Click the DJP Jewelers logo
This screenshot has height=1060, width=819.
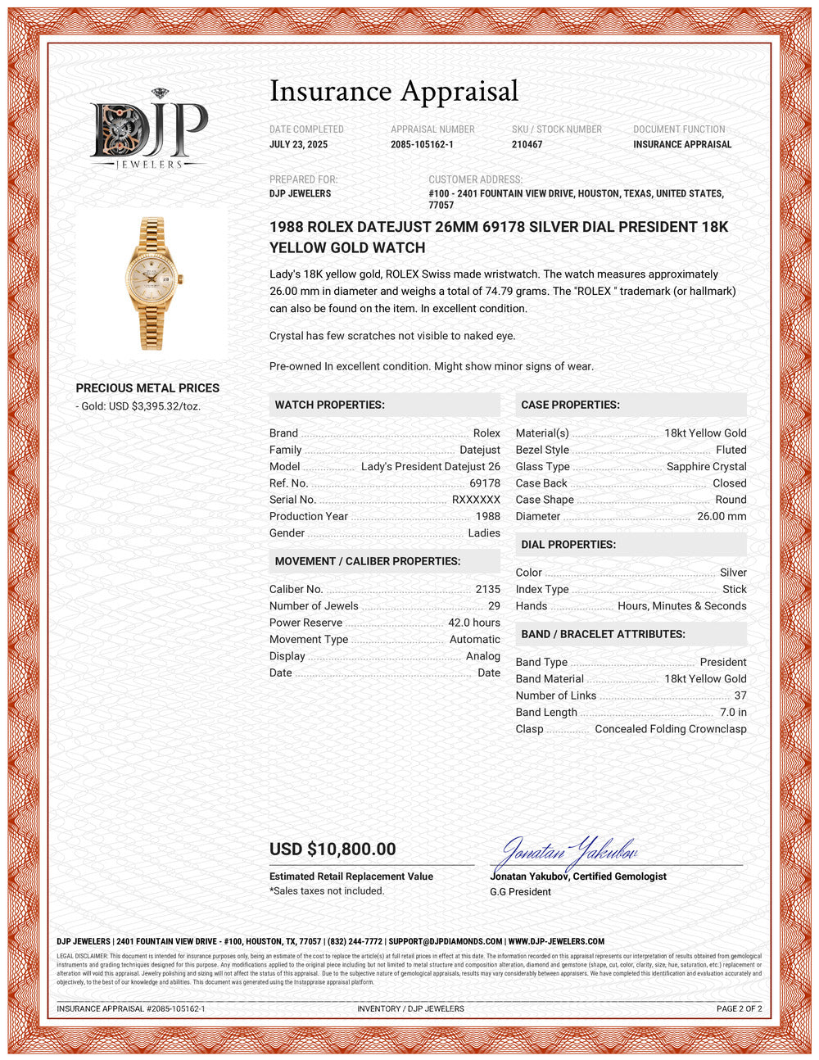148,129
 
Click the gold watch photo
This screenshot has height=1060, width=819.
152,283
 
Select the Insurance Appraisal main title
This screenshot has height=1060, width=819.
394,91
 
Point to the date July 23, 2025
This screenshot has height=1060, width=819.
298,144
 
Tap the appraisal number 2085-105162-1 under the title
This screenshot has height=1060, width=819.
422,144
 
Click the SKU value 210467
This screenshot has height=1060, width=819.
527,144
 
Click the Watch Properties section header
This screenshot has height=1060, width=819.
329,405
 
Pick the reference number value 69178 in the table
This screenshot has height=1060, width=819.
485,483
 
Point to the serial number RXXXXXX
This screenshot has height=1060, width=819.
476,500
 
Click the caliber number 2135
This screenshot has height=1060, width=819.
487,589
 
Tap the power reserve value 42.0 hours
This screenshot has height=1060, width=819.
473,623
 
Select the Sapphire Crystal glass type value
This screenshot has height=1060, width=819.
706,466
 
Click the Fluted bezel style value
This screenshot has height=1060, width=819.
731,450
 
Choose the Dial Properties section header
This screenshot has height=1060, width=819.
568,545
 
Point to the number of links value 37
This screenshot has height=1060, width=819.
740,695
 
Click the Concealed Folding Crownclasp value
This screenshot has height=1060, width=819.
670,729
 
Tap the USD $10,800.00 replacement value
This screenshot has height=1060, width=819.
333,849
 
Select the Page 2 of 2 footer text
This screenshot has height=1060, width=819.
739,1008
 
